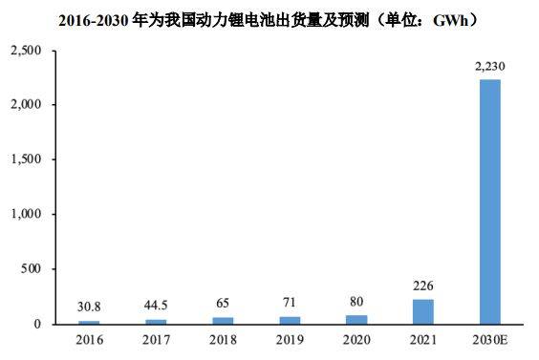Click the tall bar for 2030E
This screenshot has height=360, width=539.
pos(489,201)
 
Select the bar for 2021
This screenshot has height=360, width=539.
pos(423,312)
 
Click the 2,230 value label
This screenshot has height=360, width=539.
pos(489,67)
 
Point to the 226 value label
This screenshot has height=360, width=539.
pos(423,285)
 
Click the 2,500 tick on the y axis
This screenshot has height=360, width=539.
pos(27,49)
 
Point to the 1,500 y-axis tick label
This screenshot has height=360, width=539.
pos(27,159)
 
